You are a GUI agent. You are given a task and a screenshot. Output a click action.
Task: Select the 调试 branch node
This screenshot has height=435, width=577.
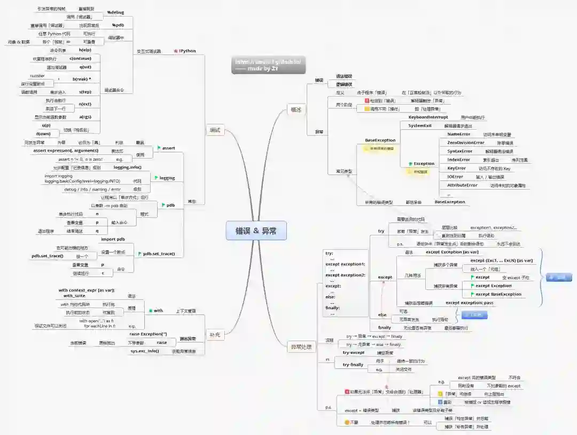pos(214,130)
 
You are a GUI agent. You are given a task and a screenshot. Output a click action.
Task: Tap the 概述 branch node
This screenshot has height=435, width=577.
pos(295,109)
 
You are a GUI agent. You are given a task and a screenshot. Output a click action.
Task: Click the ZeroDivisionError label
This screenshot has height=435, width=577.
pos(465,143)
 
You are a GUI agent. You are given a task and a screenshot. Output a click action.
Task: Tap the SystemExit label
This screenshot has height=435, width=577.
pos(420,125)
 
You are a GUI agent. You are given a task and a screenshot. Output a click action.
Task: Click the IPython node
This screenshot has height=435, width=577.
pos(187,51)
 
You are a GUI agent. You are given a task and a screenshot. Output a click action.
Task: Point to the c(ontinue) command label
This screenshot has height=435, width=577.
pos(80,58)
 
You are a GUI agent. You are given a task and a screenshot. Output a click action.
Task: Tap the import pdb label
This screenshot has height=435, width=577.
pos(113,239)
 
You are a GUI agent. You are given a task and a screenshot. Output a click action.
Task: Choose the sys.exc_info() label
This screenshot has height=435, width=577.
pos(145,351)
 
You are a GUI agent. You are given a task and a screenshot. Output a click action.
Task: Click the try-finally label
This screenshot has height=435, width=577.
pos(353,365)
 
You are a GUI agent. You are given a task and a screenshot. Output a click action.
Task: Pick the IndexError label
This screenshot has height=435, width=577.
pos(458,160)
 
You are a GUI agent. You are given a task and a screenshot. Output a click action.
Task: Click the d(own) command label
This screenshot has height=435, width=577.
pos(43,133)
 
